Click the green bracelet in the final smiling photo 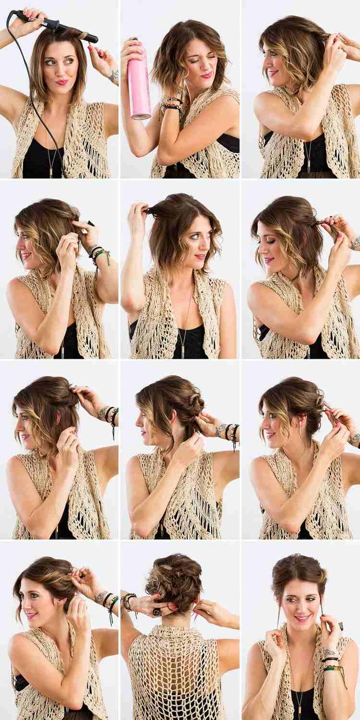331,667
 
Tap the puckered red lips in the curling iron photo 61,82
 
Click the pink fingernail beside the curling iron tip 90,48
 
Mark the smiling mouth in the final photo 302,618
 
